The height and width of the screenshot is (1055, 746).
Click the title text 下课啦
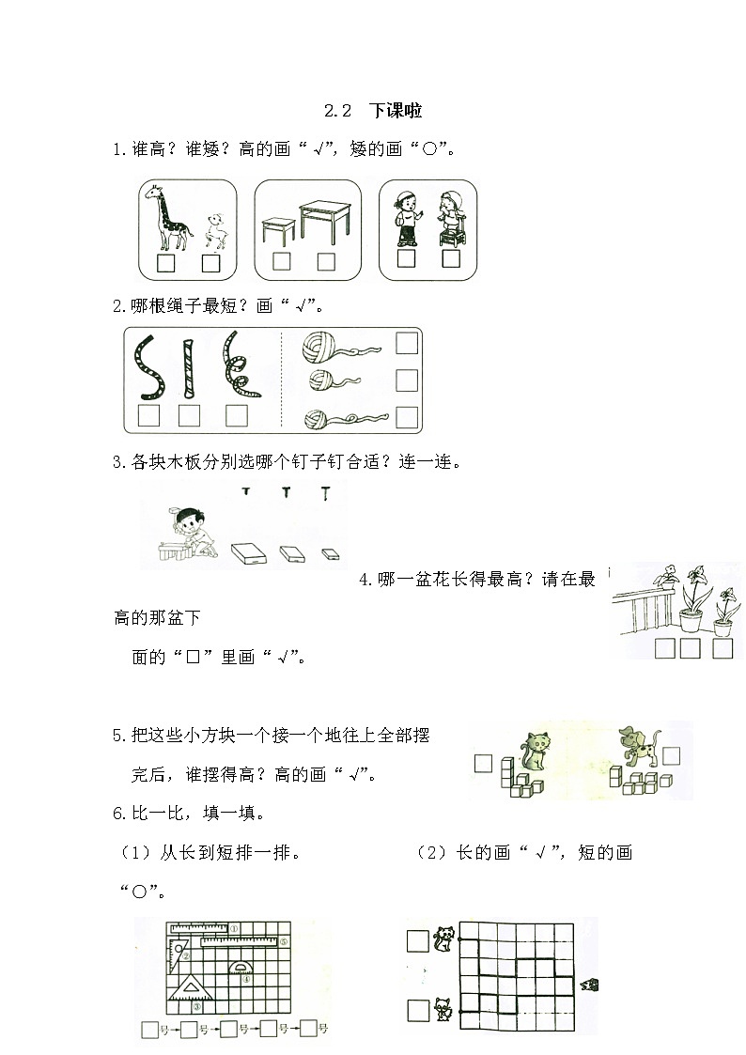tap(396, 111)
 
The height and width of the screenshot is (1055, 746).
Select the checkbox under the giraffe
tap(166, 263)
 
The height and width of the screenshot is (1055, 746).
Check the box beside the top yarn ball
tap(407, 343)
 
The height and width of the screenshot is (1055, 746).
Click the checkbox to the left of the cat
tap(483, 763)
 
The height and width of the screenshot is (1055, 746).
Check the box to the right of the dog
tap(672, 753)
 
